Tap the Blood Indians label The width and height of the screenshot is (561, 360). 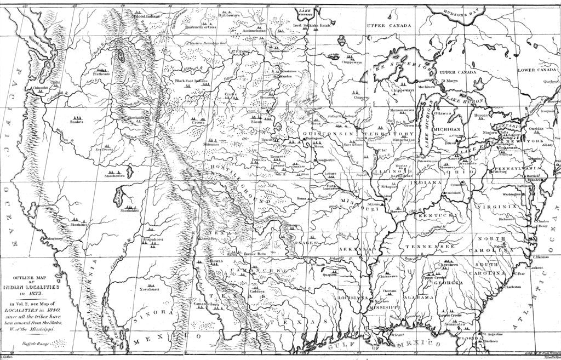147,16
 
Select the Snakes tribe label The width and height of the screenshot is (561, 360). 76,122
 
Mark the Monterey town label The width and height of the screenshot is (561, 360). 55,239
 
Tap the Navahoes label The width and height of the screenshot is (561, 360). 148,289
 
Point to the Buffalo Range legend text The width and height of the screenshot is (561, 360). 36,344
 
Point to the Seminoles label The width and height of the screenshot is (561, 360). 454,324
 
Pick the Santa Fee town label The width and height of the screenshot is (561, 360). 205,239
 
